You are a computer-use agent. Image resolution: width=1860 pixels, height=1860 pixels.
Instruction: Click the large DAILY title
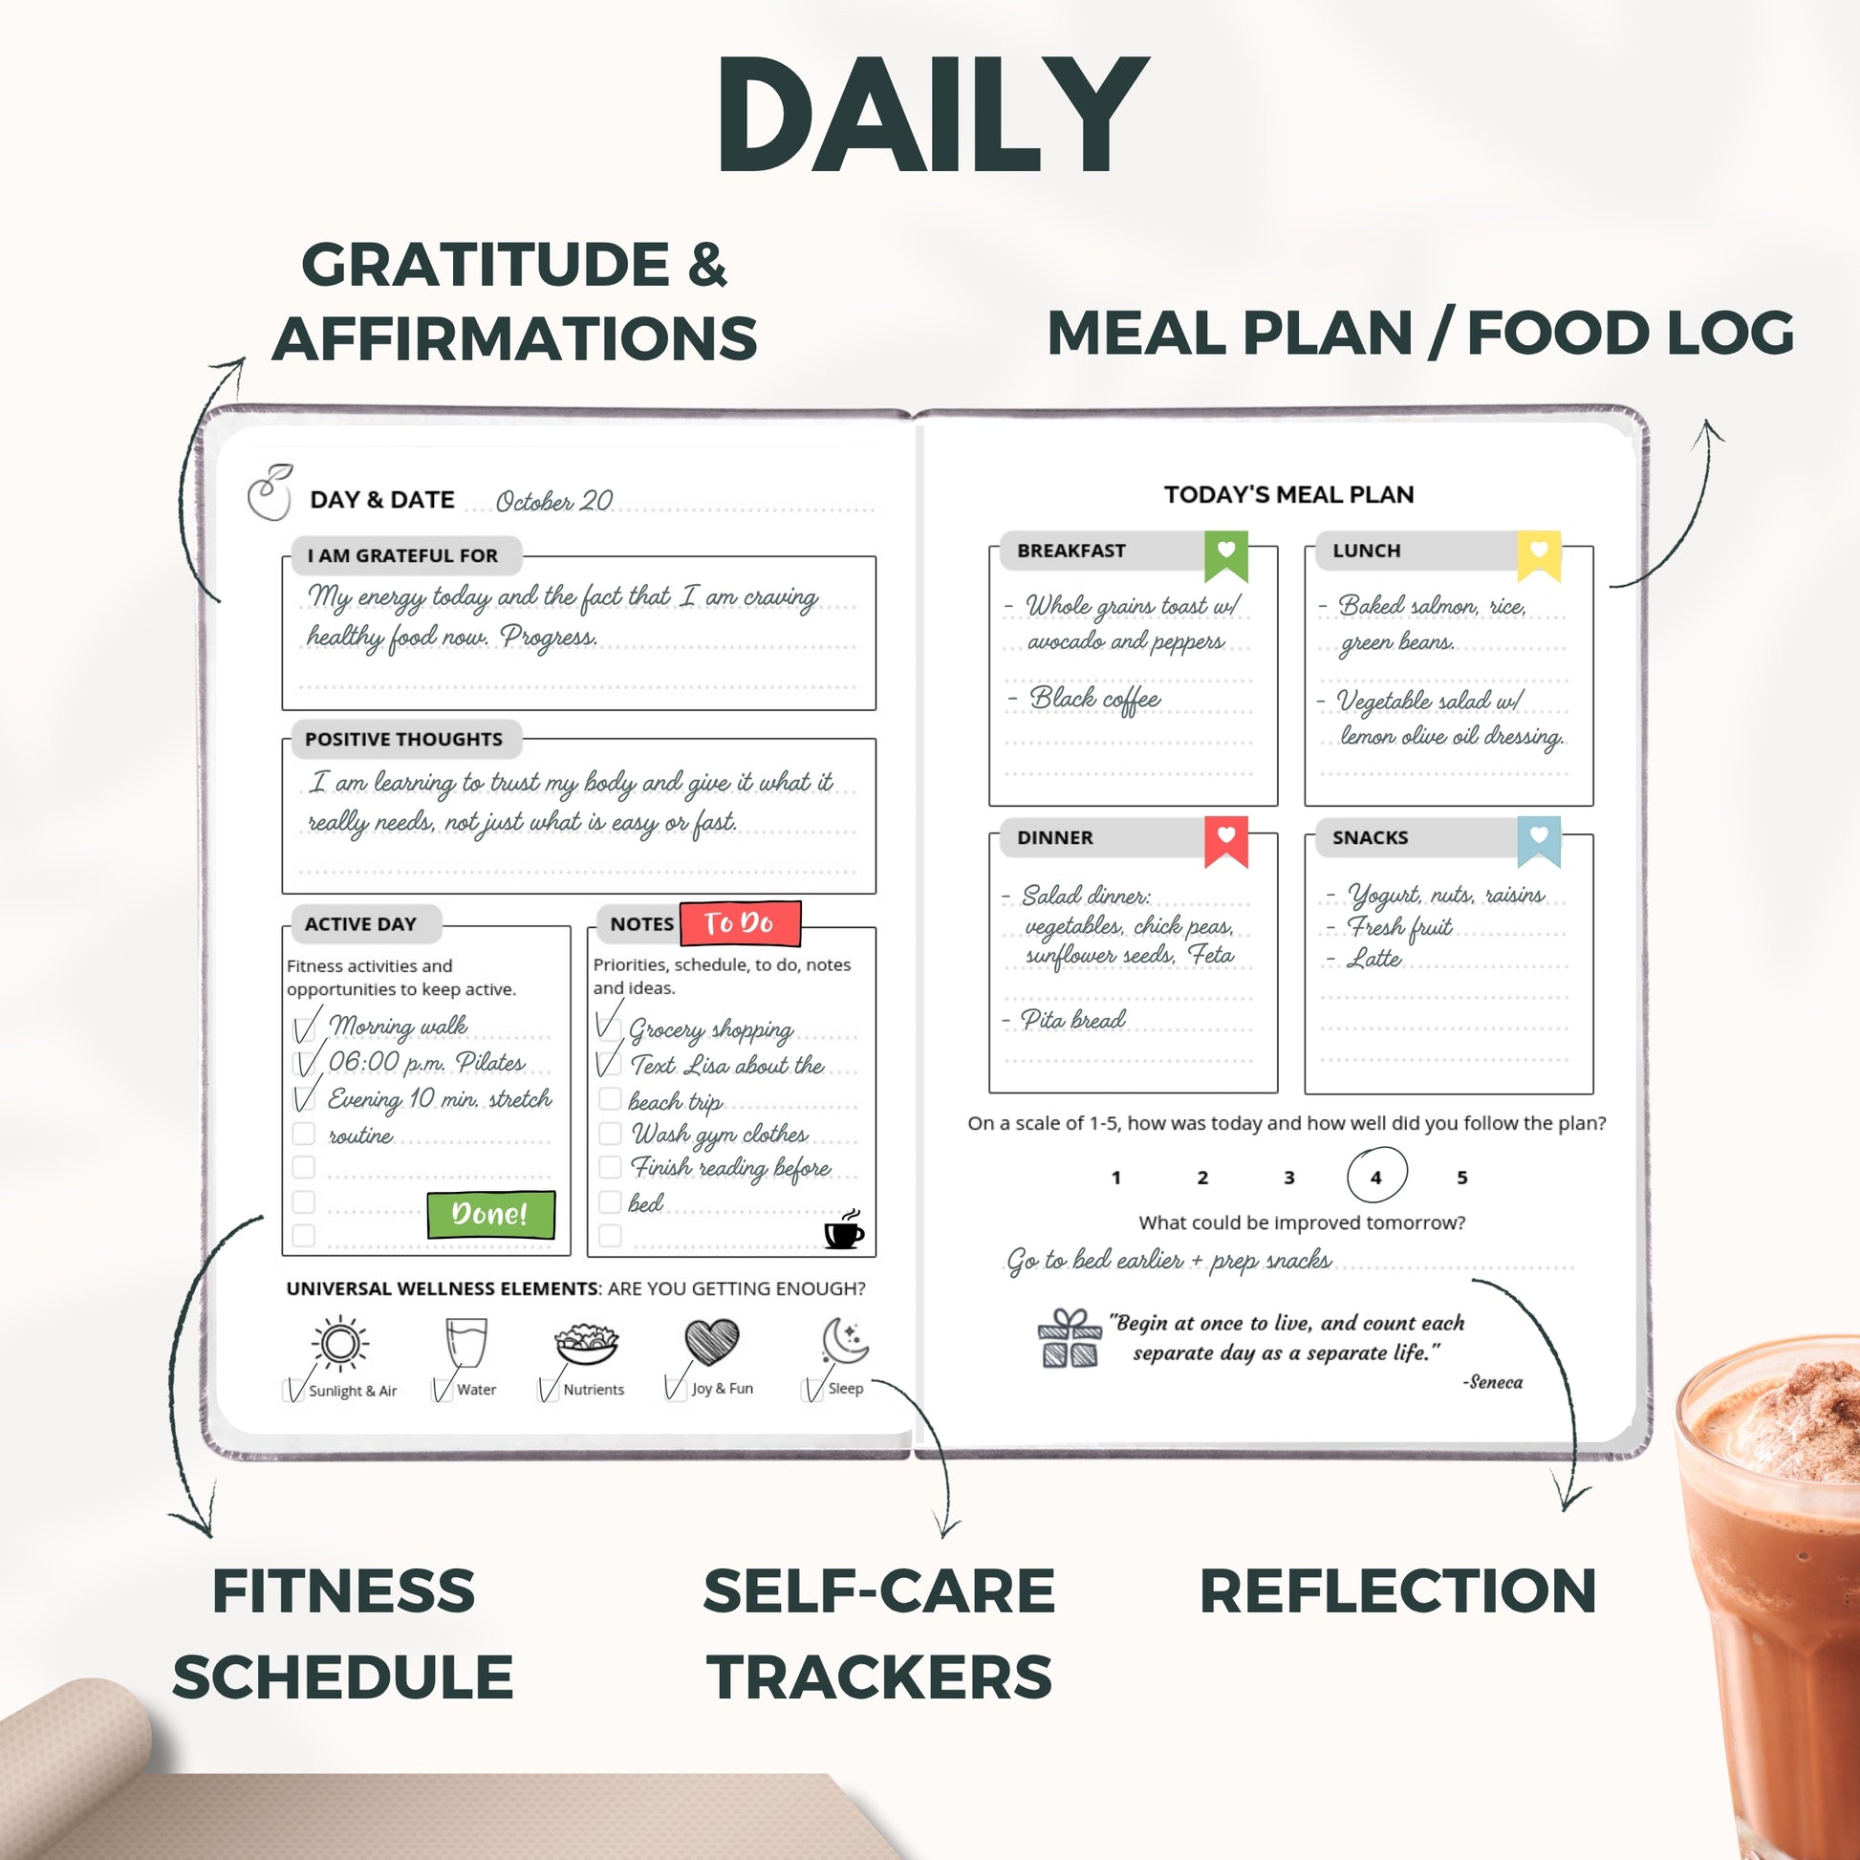(x=932, y=116)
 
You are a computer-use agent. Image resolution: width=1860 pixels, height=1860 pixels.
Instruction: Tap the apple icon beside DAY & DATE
(x=270, y=493)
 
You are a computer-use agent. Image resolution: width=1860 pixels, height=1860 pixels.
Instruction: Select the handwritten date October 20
(x=553, y=502)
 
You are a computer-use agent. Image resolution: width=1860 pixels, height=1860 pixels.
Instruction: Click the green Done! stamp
(x=491, y=1214)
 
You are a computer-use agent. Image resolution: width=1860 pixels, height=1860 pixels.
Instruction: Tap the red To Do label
(x=740, y=924)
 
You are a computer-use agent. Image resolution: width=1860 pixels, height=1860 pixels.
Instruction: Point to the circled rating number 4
(x=1375, y=1176)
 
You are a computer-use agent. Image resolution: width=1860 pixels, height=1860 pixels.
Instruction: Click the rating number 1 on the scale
(x=1115, y=1178)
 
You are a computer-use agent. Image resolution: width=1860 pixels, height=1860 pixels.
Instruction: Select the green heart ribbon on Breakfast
(x=1225, y=556)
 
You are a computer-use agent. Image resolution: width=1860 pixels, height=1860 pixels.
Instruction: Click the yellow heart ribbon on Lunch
(x=1539, y=556)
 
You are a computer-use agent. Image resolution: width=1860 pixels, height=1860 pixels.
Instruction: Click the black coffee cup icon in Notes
(x=844, y=1229)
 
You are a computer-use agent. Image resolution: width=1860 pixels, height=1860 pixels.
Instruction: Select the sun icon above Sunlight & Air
(x=340, y=1343)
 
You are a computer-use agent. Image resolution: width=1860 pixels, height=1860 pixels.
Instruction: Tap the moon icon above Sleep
(x=845, y=1341)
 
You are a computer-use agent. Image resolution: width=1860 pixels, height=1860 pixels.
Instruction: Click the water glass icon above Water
(x=466, y=1342)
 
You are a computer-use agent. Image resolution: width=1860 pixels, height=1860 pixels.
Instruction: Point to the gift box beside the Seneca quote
(x=1070, y=1338)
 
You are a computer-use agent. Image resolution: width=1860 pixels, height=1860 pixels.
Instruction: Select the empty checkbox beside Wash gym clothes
(x=610, y=1134)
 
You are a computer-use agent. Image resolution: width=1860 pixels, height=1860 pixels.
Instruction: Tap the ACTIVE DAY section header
(x=362, y=924)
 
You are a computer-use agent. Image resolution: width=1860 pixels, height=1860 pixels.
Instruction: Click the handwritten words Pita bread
(x=1073, y=1020)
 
